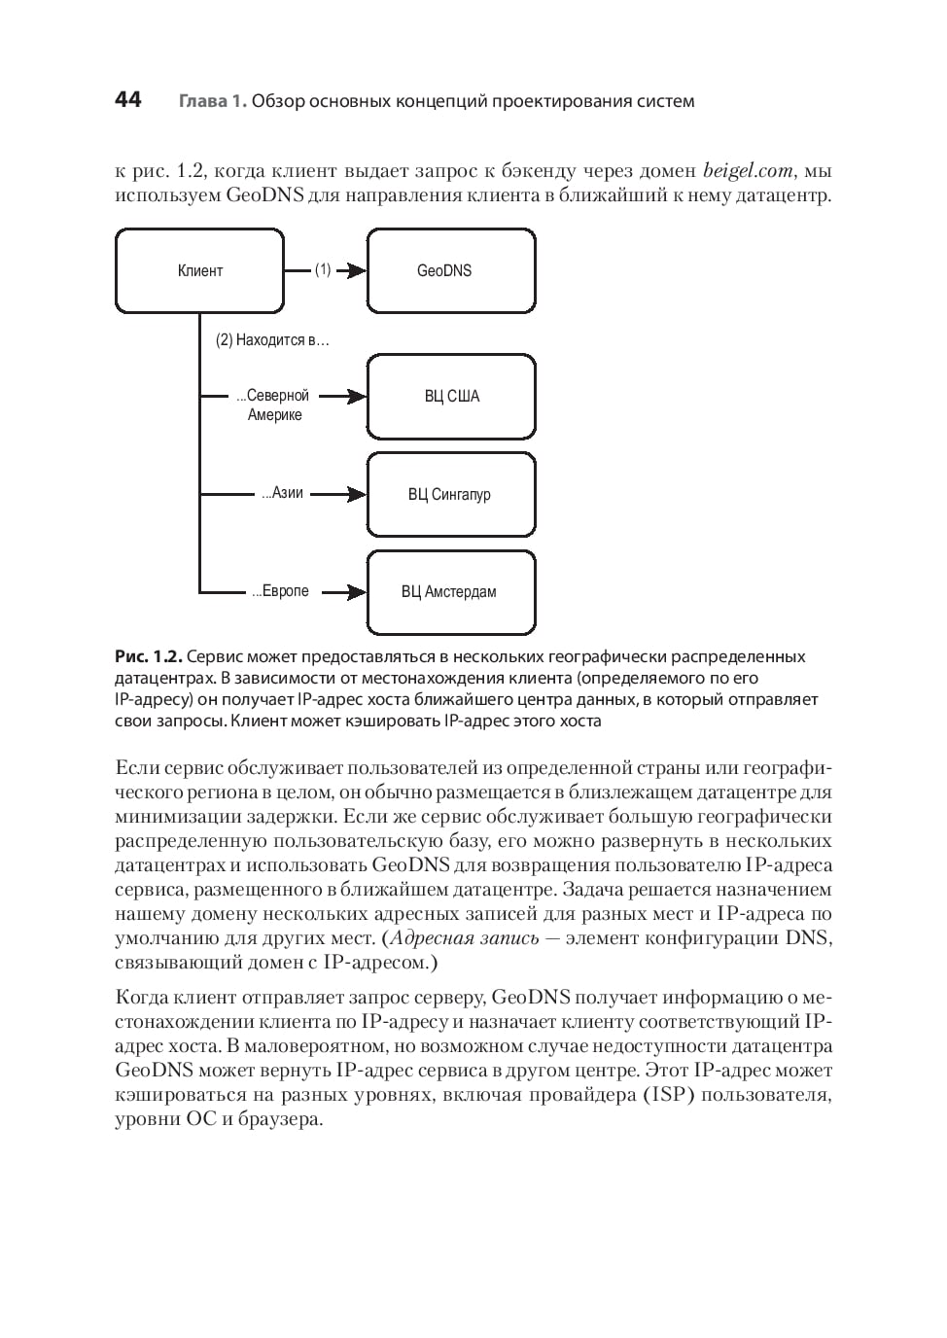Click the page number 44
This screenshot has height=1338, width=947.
click(127, 99)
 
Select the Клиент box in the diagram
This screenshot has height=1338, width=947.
click(200, 271)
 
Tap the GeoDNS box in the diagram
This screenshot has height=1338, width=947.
click(451, 271)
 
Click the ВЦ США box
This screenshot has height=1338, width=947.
click(451, 397)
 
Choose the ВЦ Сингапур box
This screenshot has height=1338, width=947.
click(451, 495)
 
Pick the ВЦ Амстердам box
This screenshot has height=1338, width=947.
click(451, 592)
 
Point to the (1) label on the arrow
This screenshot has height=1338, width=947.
click(323, 270)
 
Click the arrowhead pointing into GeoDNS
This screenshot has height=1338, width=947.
click(358, 271)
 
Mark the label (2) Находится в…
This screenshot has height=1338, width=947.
click(272, 340)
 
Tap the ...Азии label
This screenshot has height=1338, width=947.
click(283, 493)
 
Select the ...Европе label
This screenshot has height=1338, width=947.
click(281, 591)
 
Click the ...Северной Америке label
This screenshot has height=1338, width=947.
click(273, 405)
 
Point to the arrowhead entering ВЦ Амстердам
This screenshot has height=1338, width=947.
click(358, 592)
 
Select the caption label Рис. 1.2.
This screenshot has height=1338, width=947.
click(148, 656)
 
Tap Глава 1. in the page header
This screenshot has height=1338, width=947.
click(212, 101)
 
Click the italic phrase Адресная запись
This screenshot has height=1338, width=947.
click(464, 938)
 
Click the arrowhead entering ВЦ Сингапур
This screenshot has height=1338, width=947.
click(358, 495)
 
